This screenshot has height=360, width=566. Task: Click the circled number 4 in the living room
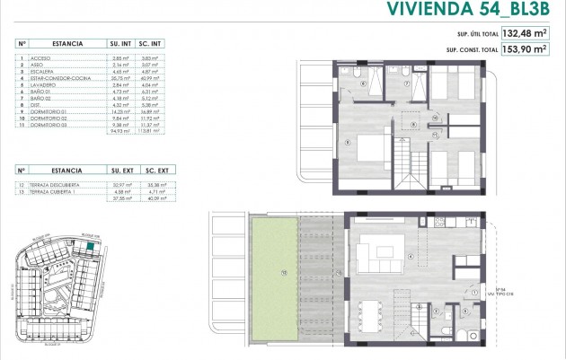[411, 257]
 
